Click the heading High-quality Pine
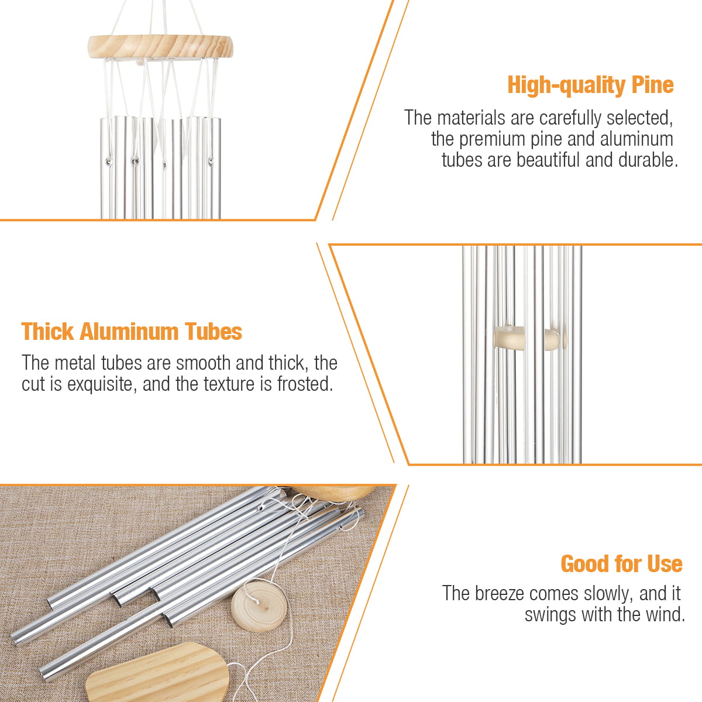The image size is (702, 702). click(590, 85)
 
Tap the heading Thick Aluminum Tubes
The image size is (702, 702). click(132, 332)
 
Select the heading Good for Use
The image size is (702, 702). click(621, 565)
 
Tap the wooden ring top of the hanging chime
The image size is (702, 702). click(160, 47)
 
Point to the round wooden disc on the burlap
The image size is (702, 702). click(259, 606)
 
